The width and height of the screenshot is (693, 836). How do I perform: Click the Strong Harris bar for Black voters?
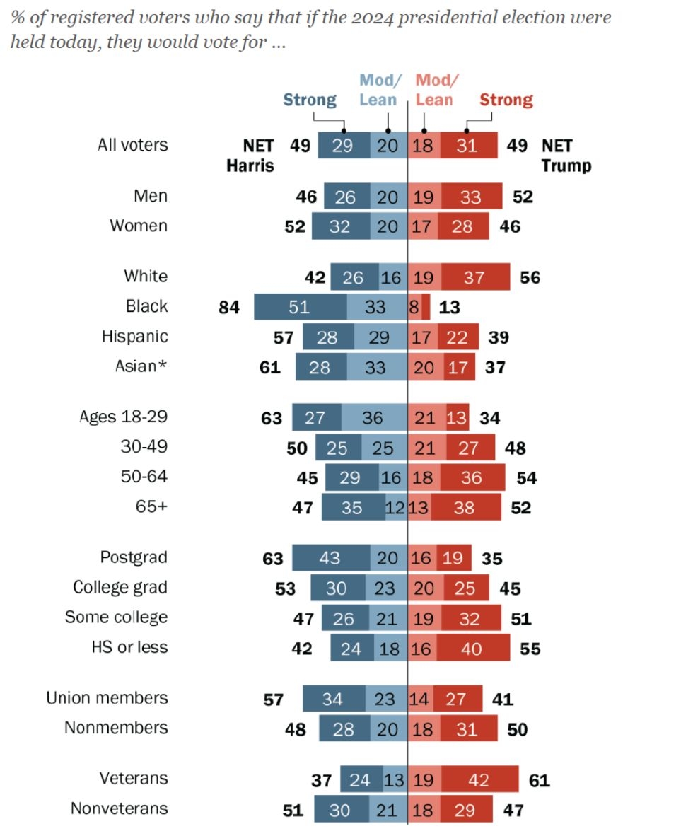[x=300, y=306]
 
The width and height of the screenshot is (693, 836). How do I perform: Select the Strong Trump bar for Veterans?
[x=479, y=780]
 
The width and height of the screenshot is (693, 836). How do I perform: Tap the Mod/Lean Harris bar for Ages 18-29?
[x=374, y=417]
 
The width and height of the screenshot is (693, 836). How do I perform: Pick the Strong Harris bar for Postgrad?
[x=329, y=558]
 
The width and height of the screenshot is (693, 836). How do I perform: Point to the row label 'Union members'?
[x=107, y=698]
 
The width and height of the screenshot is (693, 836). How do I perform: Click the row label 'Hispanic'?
[x=134, y=337]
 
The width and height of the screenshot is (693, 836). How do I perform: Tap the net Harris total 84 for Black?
[x=229, y=307]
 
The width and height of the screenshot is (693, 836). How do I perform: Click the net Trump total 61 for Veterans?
[x=539, y=780]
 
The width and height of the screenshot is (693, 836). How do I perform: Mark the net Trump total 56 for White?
[x=530, y=277]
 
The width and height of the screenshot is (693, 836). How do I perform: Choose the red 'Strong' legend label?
[x=506, y=100]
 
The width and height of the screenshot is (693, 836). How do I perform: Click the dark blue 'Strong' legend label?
[x=310, y=100]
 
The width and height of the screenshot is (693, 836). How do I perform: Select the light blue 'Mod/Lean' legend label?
[x=378, y=90]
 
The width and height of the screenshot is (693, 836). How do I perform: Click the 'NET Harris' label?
[x=250, y=156]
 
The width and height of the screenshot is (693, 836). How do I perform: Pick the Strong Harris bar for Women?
[x=340, y=226]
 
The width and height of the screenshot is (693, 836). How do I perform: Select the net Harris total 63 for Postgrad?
[x=272, y=559]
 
